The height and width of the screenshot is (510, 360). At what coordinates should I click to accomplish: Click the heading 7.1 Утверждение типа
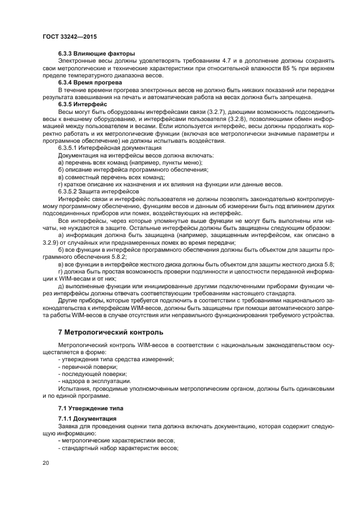(x=91, y=408)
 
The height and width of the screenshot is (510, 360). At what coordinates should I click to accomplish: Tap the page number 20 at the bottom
(x=46, y=462)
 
